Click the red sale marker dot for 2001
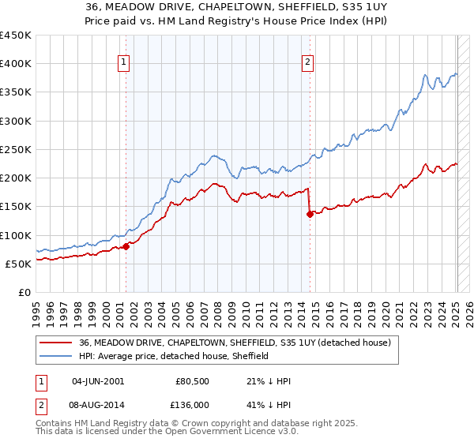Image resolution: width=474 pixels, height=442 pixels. (x=126, y=246)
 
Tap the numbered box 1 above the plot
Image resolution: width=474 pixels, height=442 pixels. (x=125, y=65)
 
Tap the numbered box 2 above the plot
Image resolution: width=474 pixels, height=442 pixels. (x=307, y=65)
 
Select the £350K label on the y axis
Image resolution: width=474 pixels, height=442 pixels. (x=16, y=92)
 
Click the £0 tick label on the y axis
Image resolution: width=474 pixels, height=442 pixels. (x=24, y=292)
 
